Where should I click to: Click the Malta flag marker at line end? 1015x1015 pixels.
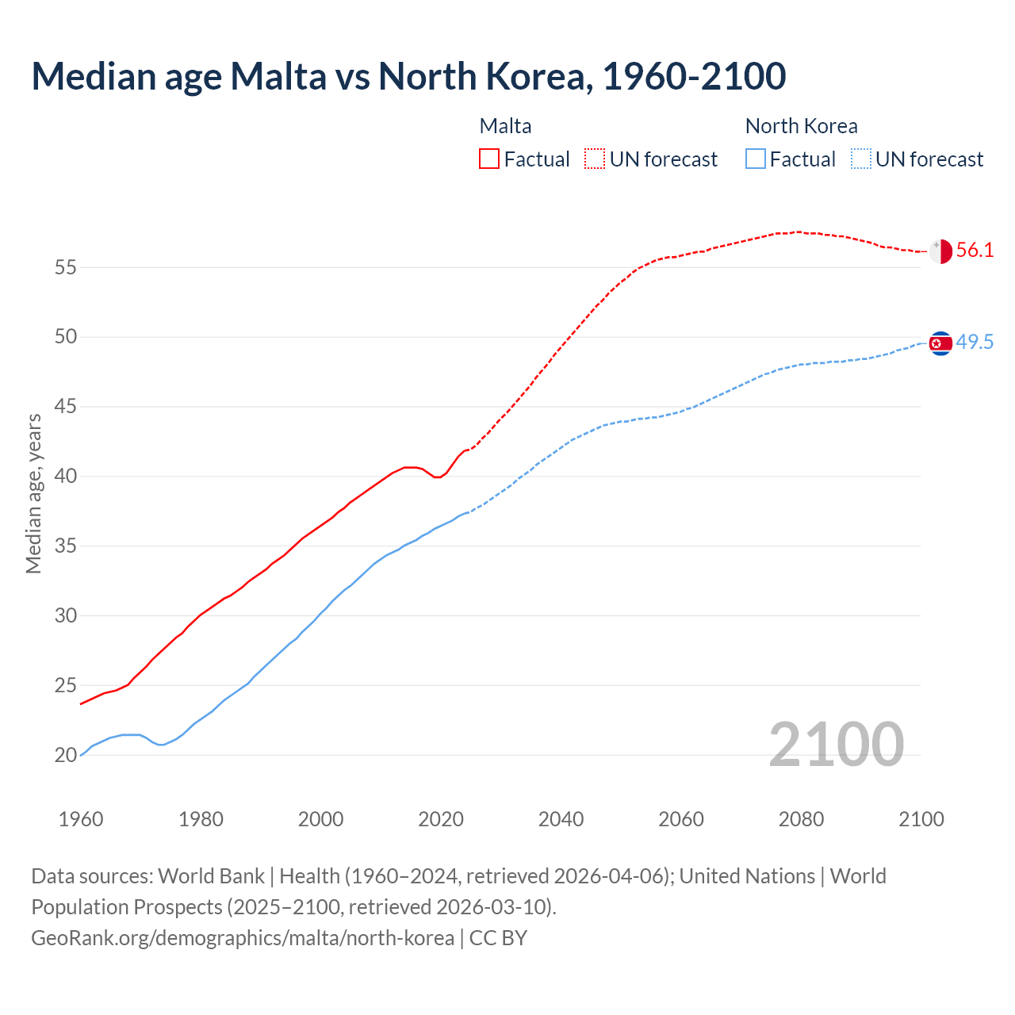940,251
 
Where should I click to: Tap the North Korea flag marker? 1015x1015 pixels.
940,343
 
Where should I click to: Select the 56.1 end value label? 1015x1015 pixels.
975,251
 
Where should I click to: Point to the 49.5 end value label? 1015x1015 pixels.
975,343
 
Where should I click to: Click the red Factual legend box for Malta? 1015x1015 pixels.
489,159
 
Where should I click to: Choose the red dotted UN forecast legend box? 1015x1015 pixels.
595,159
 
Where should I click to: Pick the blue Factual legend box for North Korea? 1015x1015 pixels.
756,159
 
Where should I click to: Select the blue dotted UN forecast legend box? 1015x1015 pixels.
861,159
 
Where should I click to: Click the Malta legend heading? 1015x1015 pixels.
505,126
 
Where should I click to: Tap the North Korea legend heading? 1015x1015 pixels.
801,126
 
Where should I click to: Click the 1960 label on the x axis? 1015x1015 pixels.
81,819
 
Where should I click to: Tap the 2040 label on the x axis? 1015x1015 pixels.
561,819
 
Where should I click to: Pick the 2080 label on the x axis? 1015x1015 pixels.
801,819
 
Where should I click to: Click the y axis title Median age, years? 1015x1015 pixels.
33,493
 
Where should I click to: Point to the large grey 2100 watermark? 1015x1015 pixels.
836,745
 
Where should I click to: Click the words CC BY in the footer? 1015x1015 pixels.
498,938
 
